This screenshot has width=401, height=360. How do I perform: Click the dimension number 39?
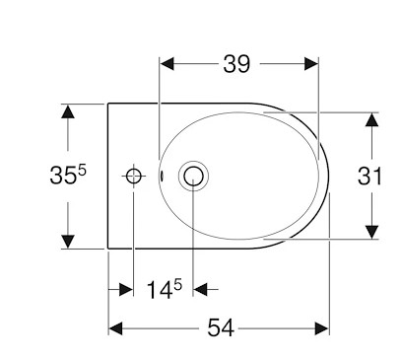click(236, 64)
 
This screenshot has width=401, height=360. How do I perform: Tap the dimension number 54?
click(221, 327)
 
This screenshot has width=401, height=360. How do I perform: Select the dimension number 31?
click(369, 176)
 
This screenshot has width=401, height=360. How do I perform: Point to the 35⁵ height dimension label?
click(68, 174)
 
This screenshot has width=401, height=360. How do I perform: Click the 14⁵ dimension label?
click(164, 289)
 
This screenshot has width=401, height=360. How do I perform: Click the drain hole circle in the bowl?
click(193, 176)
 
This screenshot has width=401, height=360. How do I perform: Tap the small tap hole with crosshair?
click(134, 177)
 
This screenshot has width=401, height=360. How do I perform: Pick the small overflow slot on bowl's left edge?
click(162, 176)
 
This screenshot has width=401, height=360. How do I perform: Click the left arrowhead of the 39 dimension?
click(167, 63)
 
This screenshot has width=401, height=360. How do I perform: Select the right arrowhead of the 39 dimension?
click(311, 63)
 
